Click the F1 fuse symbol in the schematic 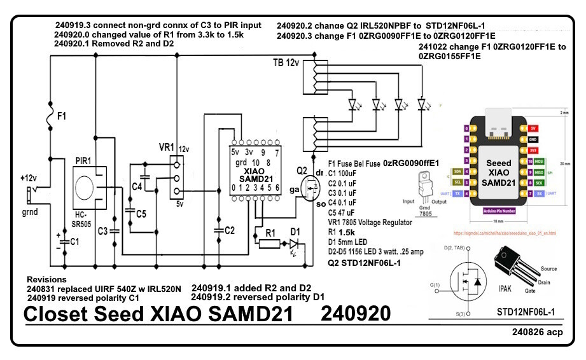(50, 116)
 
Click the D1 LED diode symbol (295, 243)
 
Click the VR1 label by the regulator (166, 148)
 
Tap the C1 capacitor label (74, 242)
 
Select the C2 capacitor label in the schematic (230, 230)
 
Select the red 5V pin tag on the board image (534, 128)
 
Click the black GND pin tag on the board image (534, 139)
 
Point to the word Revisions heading (46, 279)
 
